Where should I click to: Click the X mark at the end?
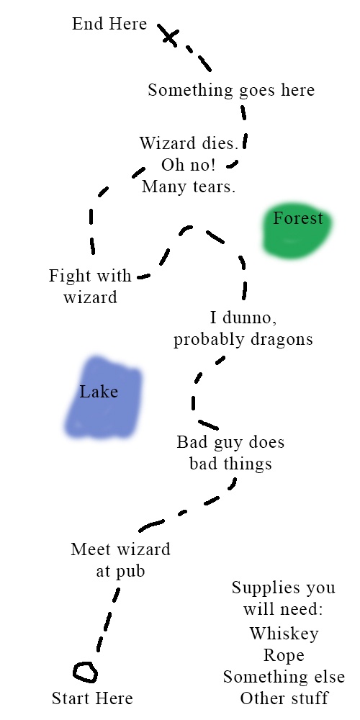click(170, 37)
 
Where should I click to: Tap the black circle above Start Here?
click(85, 664)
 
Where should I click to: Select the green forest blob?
click(297, 230)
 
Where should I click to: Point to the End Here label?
click(109, 24)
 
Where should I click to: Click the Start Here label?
click(92, 698)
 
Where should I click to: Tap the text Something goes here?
click(231, 90)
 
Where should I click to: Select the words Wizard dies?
click(189, 143)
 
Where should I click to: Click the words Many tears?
click(189, 187)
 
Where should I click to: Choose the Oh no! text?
click(188, 166)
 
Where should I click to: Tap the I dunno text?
click(243, 318)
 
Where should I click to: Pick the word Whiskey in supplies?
click(284, 634)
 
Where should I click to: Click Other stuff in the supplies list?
click(284, 698)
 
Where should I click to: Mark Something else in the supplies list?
click(284, 677)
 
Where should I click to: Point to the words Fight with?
click(90, 276)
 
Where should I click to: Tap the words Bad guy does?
click(230, 443)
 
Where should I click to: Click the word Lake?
click(99, 392)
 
